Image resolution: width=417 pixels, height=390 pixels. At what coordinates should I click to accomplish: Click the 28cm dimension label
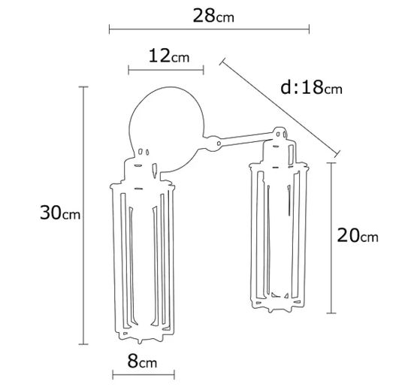(x=213, y=16)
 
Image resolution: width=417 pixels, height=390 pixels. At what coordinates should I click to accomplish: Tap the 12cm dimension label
(x=169, y=56)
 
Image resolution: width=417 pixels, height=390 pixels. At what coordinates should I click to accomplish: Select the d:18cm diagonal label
(x=311, y=87)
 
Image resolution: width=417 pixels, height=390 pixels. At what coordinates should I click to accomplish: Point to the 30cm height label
(x=60, y=213)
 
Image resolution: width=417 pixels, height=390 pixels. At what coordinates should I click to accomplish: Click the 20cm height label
(x=358, y=235)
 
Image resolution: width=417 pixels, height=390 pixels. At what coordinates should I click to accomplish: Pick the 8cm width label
(x=142, y=361)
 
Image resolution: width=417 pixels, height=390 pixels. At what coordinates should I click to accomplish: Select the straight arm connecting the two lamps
(x=246, y=139)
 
